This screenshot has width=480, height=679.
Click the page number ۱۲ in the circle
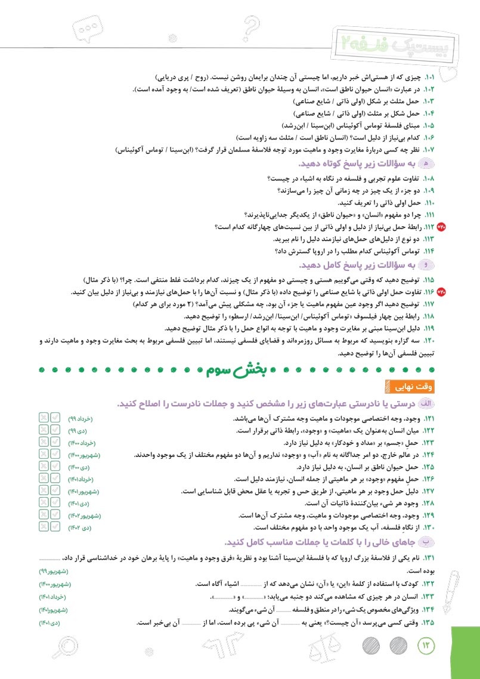(x=426, y=644)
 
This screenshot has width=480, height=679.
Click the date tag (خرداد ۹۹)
(x=81, y=419)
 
